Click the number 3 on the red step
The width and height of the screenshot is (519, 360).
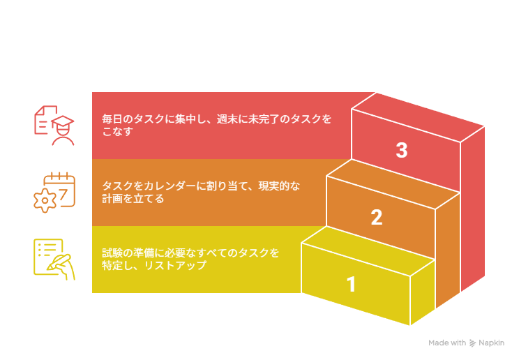(x=402, y=150)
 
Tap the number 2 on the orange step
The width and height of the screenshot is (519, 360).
(x=377, y=217)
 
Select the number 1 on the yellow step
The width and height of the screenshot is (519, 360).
(x=351, y=284)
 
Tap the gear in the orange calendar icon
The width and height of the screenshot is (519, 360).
(x=45, y=200)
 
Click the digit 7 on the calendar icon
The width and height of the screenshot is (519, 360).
(x=63, y=194)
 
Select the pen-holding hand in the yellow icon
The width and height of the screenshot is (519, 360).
(x=62, y=267)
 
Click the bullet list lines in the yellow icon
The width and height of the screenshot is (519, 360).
(x=47, y=250)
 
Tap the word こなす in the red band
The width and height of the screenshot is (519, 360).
(x=117, y=131)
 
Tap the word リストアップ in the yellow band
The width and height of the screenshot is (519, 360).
(x=175, y=265)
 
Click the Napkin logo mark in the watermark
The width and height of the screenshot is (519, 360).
(x=473, y=343)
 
